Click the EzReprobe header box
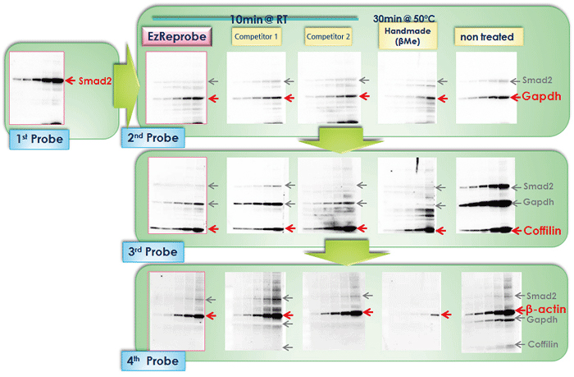coord(176,36)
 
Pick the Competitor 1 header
coord(257,36)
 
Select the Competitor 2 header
coord(327,36)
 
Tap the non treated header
coord(486,36)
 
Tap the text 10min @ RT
coord(256,18)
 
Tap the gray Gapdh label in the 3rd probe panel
coord(542,201)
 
